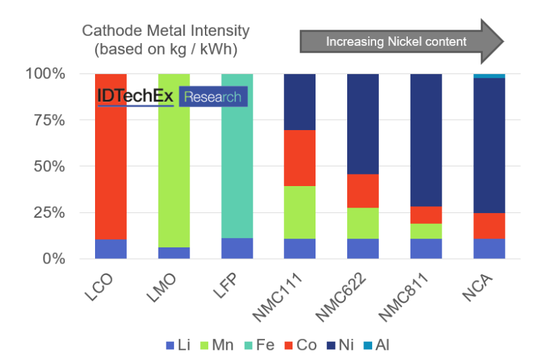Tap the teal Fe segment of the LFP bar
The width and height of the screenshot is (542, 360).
237,169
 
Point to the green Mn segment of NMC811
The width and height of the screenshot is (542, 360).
426,231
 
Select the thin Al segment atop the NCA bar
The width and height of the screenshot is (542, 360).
489,76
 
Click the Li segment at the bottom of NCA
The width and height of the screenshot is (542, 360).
489,248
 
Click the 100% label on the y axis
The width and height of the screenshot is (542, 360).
47,73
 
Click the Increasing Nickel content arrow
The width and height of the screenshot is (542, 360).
401,41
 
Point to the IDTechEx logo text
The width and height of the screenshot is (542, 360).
135,97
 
